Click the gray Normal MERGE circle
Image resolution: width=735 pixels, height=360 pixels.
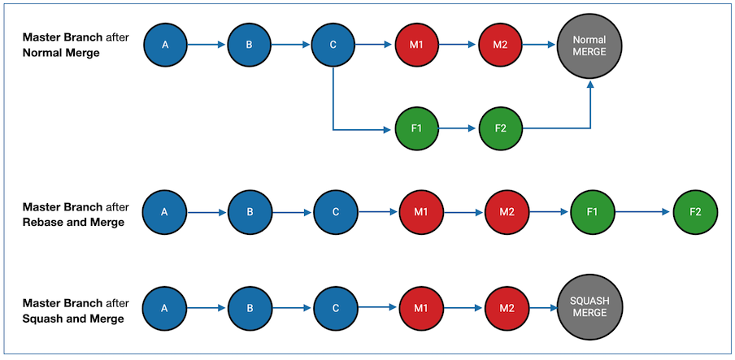pos(589,46)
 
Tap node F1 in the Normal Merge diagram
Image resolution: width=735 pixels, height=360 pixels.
pos(416,128)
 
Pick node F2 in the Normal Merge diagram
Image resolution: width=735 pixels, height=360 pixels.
pos(500,128)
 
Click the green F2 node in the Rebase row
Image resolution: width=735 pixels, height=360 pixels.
pos(694,212)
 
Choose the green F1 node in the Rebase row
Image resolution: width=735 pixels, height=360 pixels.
pos(592,212)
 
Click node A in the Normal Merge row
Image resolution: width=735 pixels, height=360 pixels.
pos(165,45)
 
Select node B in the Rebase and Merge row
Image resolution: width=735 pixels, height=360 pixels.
pos(250,212)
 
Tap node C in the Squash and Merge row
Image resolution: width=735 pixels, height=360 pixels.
pos(335,308)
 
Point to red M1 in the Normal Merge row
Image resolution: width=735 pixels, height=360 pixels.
pos(416,45)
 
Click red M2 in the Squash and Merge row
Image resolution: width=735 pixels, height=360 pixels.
pos(506,308)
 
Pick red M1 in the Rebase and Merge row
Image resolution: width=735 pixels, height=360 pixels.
pos(420,212)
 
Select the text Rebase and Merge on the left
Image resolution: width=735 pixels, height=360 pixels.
pos(73,222)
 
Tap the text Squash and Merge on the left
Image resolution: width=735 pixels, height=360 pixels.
pos(73,319)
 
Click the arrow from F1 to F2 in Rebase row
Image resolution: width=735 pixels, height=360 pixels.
pos(643,212)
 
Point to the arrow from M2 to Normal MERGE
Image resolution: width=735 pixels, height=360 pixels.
pos(538,45)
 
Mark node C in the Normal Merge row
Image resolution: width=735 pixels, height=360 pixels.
pos(333,45)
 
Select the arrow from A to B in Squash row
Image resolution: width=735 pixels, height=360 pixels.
pos(207,309)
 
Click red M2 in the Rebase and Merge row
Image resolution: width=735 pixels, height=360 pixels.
pos(506,212)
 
